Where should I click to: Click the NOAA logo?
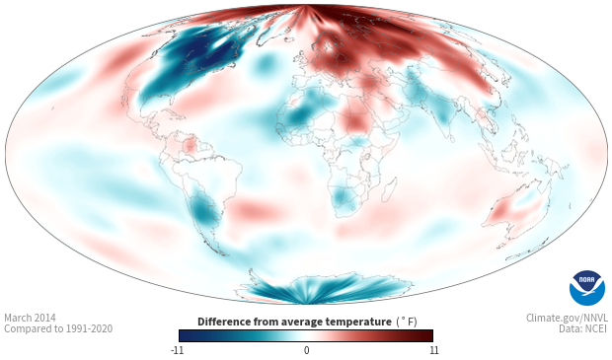click(587, 288)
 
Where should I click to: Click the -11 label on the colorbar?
click(177, 350)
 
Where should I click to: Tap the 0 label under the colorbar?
click(306, 350)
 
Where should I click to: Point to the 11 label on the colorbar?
click(433, 350)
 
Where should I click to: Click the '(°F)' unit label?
click(407, 323)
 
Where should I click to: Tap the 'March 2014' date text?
click(30, 318)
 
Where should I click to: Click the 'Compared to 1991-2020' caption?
click(58, 328)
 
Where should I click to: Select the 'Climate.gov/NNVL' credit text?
click(567, 318)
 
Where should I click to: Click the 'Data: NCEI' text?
click(583, 328)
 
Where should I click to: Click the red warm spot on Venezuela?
click(191, 146)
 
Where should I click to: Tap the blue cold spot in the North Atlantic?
click(265, 64)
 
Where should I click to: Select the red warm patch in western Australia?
click(501, 213)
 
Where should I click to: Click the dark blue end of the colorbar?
click(186, 335)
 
